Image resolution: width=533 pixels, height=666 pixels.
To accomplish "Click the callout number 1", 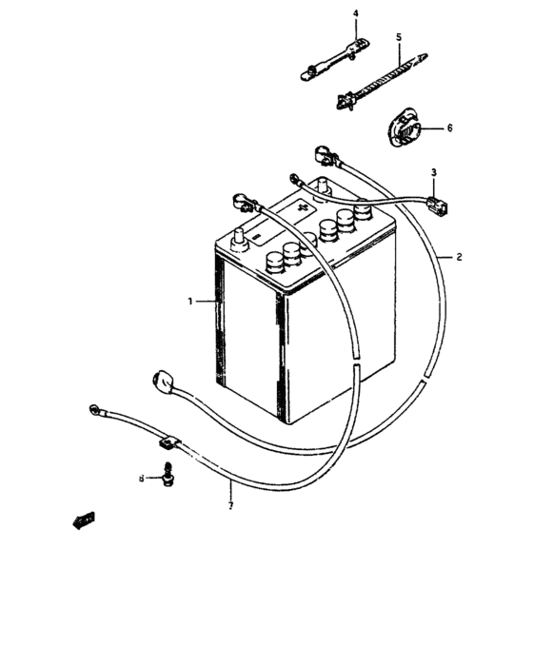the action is point(190,302).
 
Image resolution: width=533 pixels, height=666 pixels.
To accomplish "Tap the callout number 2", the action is point(459,257).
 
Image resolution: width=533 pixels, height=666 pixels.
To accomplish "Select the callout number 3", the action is point(434,172).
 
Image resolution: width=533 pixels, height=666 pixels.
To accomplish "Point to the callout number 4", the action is point(356,13).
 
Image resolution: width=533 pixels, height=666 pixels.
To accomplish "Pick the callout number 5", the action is point(399,37).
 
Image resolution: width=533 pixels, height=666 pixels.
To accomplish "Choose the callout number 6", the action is point(449,127).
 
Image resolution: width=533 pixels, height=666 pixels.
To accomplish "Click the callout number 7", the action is point(230,505).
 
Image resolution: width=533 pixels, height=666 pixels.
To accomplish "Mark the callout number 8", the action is point(142,479).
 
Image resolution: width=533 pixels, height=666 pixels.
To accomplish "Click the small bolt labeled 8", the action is point(168,474).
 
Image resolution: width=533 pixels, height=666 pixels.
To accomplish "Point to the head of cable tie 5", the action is point(344,102).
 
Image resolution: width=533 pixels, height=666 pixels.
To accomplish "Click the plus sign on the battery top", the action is point(304,207).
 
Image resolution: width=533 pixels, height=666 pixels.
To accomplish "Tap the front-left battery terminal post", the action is point(239,240).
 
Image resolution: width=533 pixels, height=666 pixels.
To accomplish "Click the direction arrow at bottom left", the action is point(84,520).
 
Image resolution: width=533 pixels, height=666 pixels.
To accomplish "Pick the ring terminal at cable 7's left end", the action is point(94,409).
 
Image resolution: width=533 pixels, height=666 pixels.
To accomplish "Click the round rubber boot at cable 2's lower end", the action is point(162,381).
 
